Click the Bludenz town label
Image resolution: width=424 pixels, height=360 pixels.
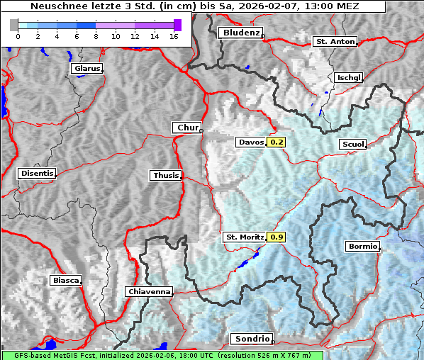[240, 33]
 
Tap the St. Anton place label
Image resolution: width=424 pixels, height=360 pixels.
[334, 42]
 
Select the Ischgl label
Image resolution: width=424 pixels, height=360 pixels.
[348, 77]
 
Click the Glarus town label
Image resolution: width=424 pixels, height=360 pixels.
[86, 69]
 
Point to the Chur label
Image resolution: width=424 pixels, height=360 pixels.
[187, 128]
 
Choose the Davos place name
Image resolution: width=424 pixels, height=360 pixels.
[251, 142]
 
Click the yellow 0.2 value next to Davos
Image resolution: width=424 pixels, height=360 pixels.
[277, 142]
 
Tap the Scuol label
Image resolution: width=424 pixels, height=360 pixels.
[352, 145]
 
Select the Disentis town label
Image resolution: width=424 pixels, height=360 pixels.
[36, 173]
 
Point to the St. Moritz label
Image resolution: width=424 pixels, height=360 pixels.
[244, 237]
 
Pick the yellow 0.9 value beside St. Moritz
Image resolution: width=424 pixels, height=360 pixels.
[277, 237]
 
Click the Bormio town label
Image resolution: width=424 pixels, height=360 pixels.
[362, 247]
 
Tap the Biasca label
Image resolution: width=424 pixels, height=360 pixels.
[65, 280]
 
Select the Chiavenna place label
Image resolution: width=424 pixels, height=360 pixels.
[149, 291]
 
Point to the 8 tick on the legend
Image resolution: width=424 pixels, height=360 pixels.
[96, 36]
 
